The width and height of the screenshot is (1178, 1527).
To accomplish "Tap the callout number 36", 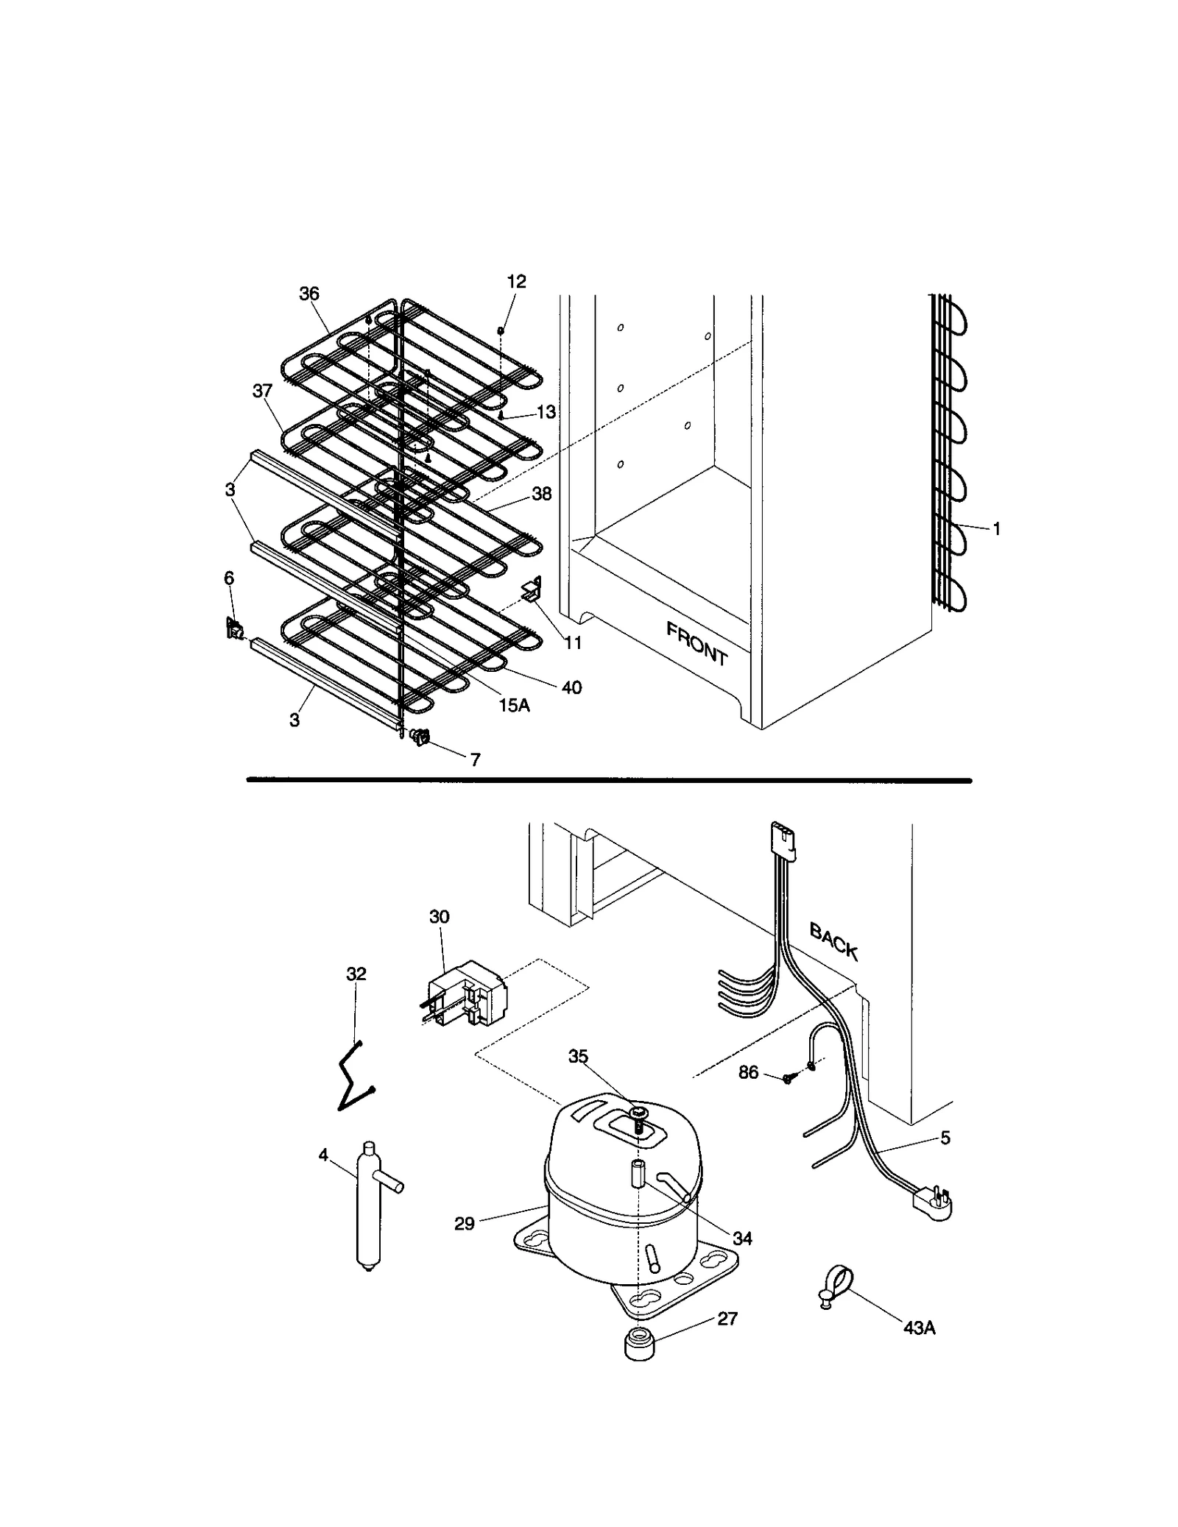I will [x=308, y=294].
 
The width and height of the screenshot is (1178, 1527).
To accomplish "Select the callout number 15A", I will [x=514, y=705].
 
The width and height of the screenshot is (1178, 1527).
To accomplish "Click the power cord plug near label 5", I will [x=932, y=1204].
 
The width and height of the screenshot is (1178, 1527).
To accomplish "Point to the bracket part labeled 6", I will [x=234, y=628].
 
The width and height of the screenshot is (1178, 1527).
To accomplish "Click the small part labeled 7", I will [x=420, y=737].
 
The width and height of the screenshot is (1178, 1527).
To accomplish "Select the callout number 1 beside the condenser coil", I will [x=996, y=528].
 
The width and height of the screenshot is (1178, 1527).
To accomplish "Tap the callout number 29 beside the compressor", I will [x=464, y=1225].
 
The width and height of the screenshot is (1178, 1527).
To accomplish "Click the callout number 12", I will [x=516, y=282].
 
